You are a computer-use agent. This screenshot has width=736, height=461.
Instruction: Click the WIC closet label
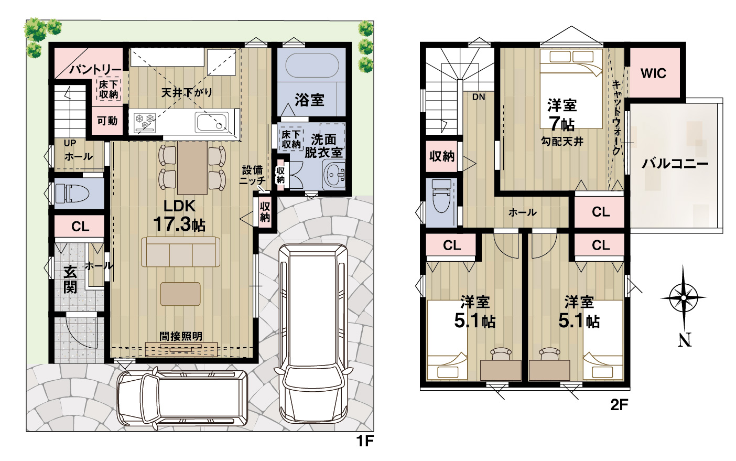coord(653,73)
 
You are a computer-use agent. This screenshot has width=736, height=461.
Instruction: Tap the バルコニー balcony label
coord(675,164)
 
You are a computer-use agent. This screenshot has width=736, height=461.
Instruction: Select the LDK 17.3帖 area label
coord(179,216)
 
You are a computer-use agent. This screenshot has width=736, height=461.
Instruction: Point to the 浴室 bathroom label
coord(309,100)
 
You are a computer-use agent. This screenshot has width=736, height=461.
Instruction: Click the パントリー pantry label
coord(95,69)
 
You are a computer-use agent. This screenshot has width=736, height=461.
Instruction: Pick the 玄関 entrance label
coord(70,279)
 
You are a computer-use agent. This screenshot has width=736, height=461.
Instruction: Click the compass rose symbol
coord(684,298)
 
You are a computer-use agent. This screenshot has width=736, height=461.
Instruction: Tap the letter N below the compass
coord(685,340)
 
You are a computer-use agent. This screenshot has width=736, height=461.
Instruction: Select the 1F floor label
coord(365,441)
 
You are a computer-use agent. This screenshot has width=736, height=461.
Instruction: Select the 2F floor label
coord(619,405)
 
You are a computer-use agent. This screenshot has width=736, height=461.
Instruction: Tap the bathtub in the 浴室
coord(312,65)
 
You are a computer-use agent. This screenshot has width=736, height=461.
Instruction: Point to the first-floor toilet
coord(72,193)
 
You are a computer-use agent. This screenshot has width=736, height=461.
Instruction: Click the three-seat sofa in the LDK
coord(180,252)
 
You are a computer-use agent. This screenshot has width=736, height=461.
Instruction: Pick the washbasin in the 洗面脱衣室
coord(334,175)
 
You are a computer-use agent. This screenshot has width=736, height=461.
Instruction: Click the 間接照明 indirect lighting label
coord(181,336)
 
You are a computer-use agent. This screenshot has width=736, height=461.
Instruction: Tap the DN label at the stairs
coord(479,97)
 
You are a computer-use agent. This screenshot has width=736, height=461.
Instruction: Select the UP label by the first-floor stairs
coord(70,143)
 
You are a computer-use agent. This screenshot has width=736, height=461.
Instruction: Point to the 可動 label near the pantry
coord(107,121)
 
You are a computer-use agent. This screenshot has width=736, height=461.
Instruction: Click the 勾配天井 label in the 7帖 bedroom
coord(562,142)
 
